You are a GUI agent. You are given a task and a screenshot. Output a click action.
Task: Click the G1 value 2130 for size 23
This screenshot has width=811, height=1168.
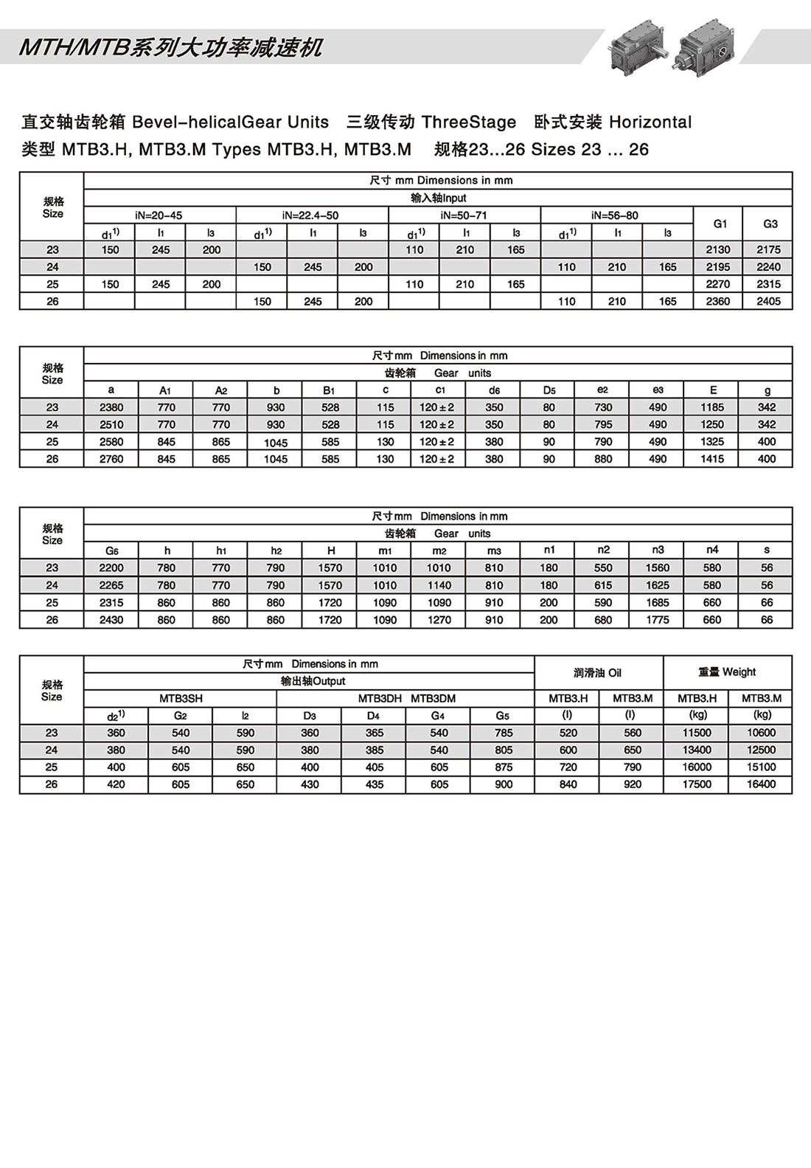click(x=717, y=249)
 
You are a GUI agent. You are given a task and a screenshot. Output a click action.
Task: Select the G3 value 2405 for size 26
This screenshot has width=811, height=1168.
click(x=768, y=301)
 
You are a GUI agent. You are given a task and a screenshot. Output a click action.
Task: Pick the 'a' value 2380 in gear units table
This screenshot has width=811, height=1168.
click(x=111, y=407)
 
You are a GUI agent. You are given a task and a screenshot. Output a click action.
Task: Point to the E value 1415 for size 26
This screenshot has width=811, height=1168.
click(x=712, y=459)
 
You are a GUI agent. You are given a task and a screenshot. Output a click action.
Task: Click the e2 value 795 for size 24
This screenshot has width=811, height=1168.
click(x=603, y=424)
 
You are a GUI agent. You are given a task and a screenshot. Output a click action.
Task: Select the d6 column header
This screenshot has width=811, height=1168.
click(x=494, y=390)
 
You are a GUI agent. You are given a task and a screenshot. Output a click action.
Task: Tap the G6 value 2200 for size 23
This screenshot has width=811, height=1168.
click(x=111, y=568)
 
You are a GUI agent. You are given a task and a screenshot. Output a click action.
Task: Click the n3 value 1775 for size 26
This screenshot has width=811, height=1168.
click(x=658, y=620)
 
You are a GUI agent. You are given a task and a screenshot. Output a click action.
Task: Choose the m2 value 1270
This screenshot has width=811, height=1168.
click(x=439, y=620)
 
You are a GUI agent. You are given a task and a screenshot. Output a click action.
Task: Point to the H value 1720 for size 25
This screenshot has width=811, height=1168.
click(x=330, y=603)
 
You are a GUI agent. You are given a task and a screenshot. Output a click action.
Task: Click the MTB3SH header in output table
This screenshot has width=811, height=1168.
click(x=181, y=698)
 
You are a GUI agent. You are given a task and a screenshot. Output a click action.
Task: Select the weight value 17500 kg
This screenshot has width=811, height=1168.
click(x=697, y=784)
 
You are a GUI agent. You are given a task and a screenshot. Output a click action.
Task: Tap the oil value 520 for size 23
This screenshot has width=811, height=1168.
click(x=568, y=733)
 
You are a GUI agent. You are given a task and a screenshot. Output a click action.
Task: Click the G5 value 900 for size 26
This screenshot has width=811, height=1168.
click(x=504, y=784)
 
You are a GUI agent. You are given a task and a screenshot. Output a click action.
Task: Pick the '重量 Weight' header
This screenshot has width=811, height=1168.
click(x=727, y=672)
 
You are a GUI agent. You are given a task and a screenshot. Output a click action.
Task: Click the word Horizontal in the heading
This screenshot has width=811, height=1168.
click(x=650, y=122)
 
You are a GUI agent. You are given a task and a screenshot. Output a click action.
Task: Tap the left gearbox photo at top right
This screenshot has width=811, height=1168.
click(x=636, y=46)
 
